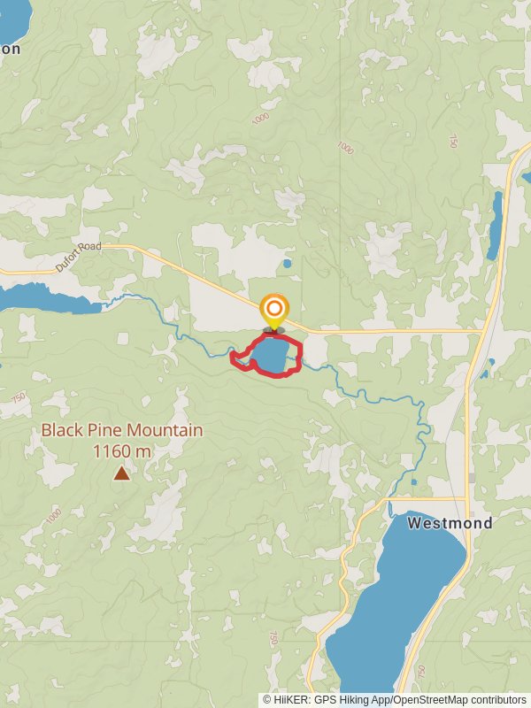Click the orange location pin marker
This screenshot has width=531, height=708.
pyautogui.click(x=274, y=310)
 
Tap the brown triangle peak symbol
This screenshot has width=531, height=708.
pyautogui.click(x=121, y=473)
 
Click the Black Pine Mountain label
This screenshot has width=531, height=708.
pyautogui.click(x=122, y=431)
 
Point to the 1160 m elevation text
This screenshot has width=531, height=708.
pyautogui.click(x=122, y=451)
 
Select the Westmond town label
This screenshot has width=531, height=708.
pyautogui.click(x=450, y=523)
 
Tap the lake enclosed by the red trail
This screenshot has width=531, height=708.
pyautogui.click(x=269, y=356)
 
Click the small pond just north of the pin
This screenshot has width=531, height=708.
pyautogui.click(x=286, y=263)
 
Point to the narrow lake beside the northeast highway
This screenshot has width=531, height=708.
pyautogui.click(x=495, y=226)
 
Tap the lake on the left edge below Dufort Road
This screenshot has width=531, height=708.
pyautogui.click(x=44, y=299)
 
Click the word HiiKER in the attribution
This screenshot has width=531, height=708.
pyautogui.click(x=291, y=699)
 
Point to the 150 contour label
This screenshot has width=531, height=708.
pyautogui.click(x=452, y=141)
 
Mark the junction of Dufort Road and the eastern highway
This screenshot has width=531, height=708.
pyautogui.click(x=481, y=332)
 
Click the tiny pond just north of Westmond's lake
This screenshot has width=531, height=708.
pyautogui.click(x=414, y=482)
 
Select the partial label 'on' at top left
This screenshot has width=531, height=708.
pyautogui.click(x=10, y=50)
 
